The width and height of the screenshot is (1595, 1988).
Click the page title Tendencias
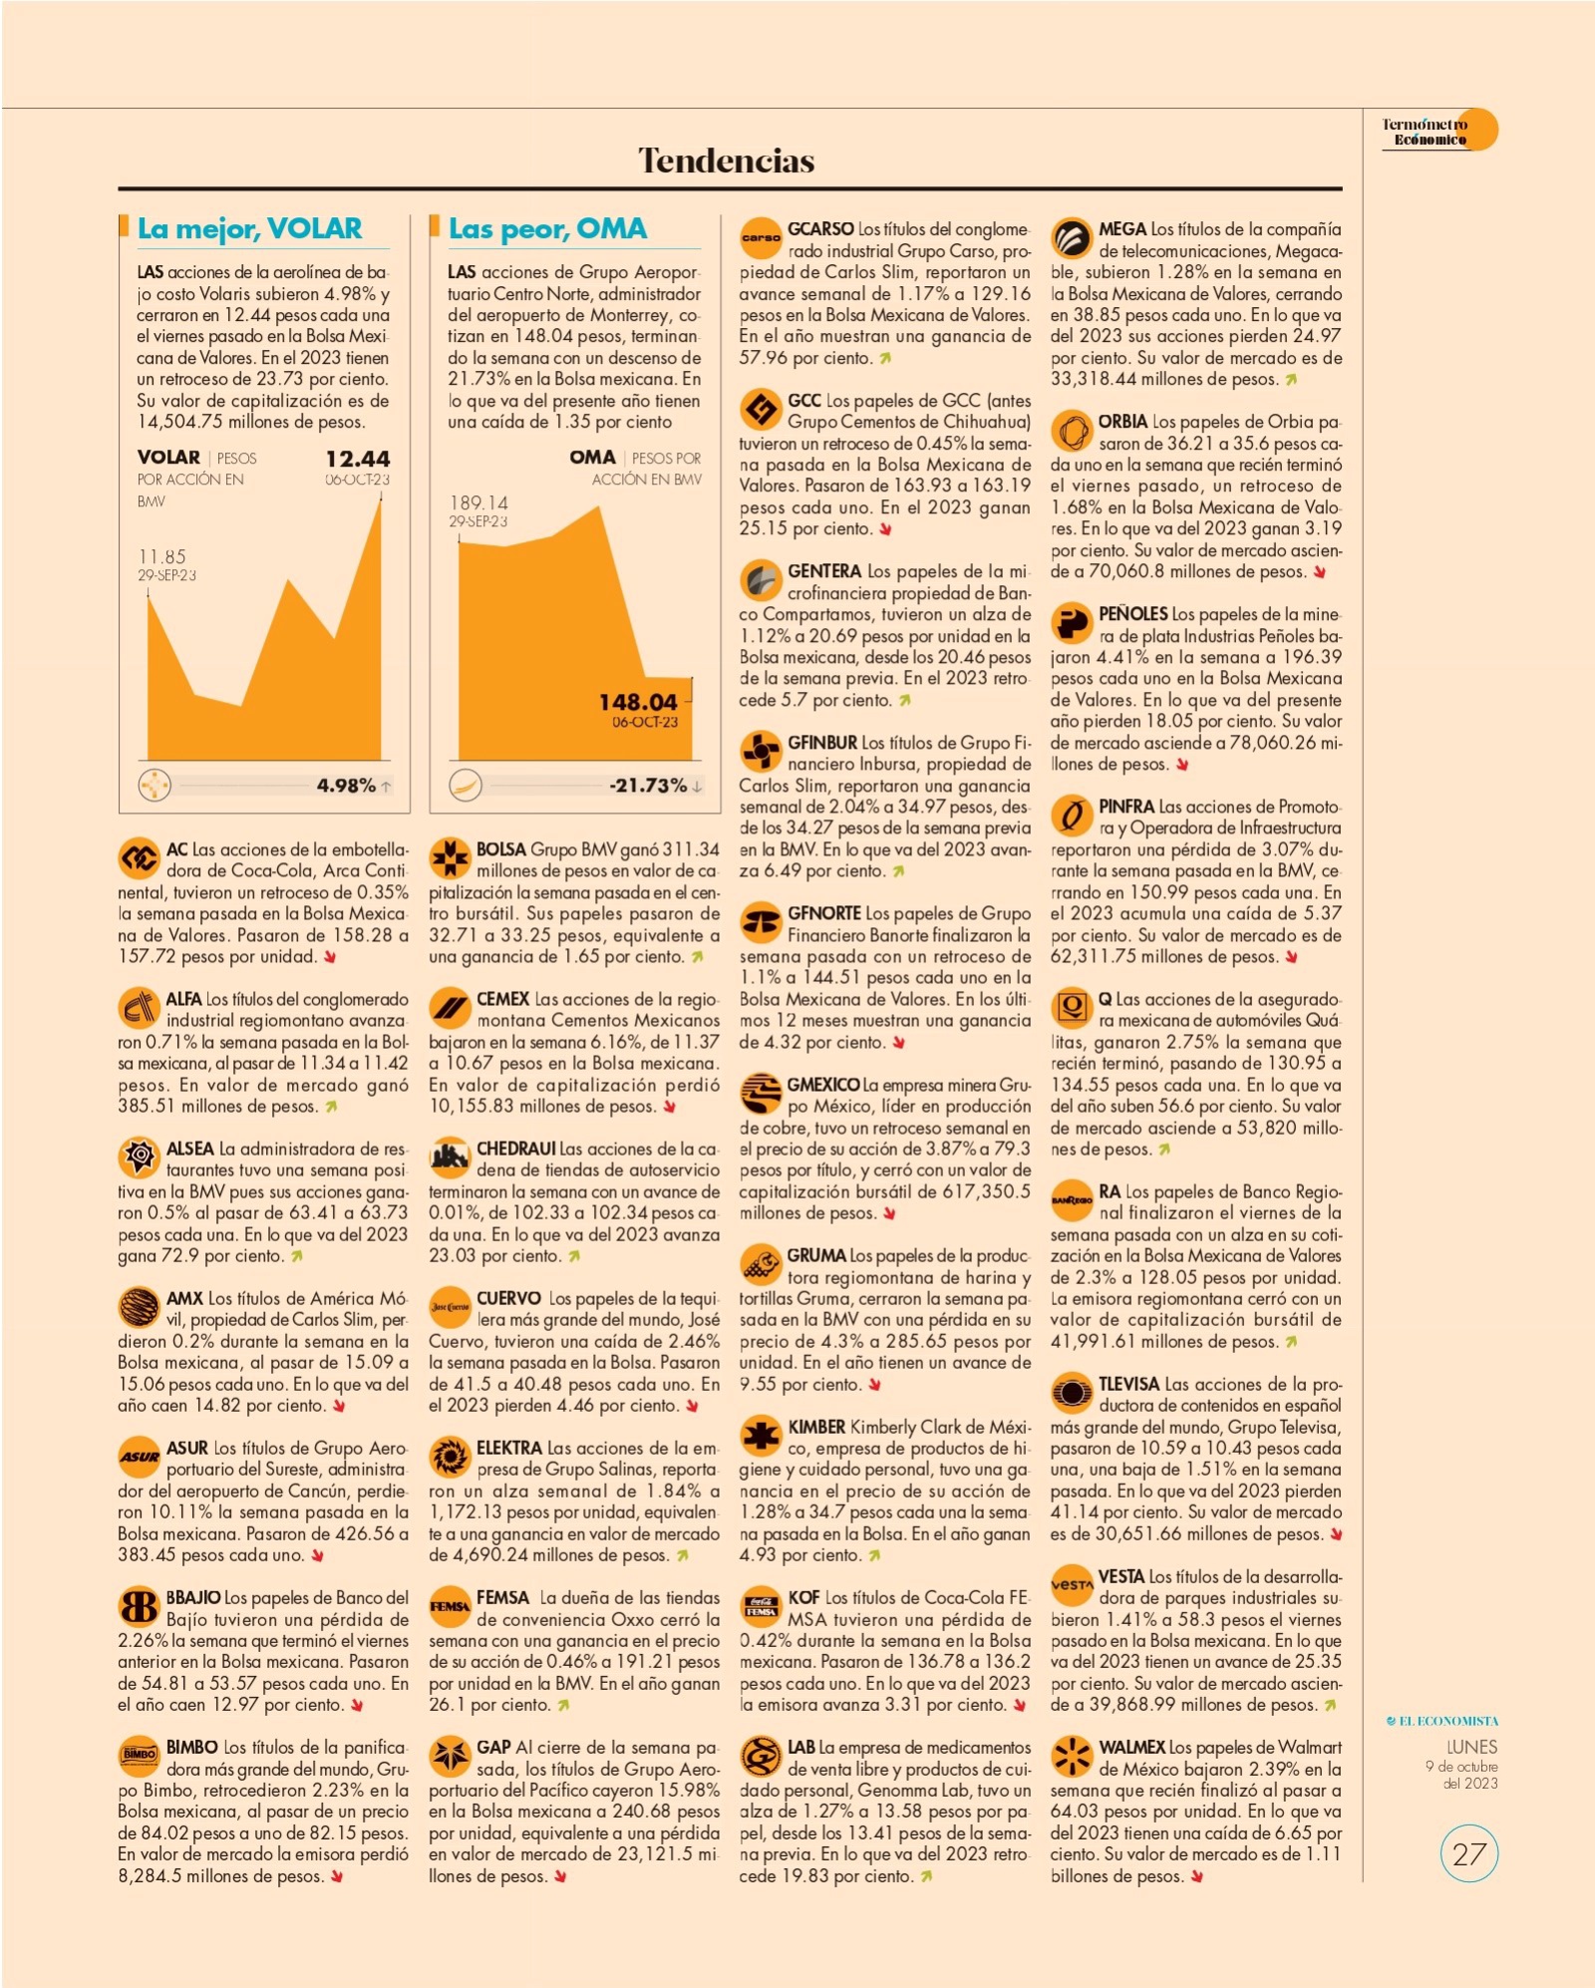pyautogui.click(x=726, y=161)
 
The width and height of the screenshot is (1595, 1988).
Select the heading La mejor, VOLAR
pyautogui.click(x=249, y=228)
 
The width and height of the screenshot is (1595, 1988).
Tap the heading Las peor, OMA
pyautogui.click(x=547, y=228)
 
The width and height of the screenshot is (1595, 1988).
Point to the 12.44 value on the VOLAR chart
pyautogui.click(x=357, y=459)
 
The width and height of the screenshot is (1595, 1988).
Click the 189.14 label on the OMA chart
pyautogui.click(x=478, y=502)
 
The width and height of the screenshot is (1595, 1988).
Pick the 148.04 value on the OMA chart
pyautogui.click(x=638, y=702)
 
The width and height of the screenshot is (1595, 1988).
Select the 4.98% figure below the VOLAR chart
pyautogui.click(x=346, y=786)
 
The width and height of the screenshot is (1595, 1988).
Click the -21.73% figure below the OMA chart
pyautogui.click(x=648, y=786)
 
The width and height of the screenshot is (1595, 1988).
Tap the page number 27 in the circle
pyautogui.click(x=1469, y=1854)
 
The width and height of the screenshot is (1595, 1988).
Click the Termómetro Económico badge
pyautogui.click(x=1436, y=131)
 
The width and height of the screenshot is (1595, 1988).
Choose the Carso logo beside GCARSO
pyautogui.click(x=761, y=237)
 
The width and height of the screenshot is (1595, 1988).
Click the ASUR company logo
pyautogui.click(x=139, y=1457)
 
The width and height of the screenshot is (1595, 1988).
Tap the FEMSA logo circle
pyautogui.click(x=450, y=1606)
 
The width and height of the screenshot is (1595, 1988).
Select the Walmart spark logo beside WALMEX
pyautogui.click(x=1072, y=1756)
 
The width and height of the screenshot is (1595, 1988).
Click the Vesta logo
pyautogui.click(x=1072, y=1584)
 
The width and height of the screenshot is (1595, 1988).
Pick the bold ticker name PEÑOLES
pyautogui.click(x=1132, y=614)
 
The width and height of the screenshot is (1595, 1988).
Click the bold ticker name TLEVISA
pyautogui.click(x=1128, y=1384)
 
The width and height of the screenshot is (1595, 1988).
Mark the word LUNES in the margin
pyautogui.click(x=1471, y=1747)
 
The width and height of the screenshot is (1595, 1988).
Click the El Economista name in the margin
pyautogui.click(x=1442, y=1721)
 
